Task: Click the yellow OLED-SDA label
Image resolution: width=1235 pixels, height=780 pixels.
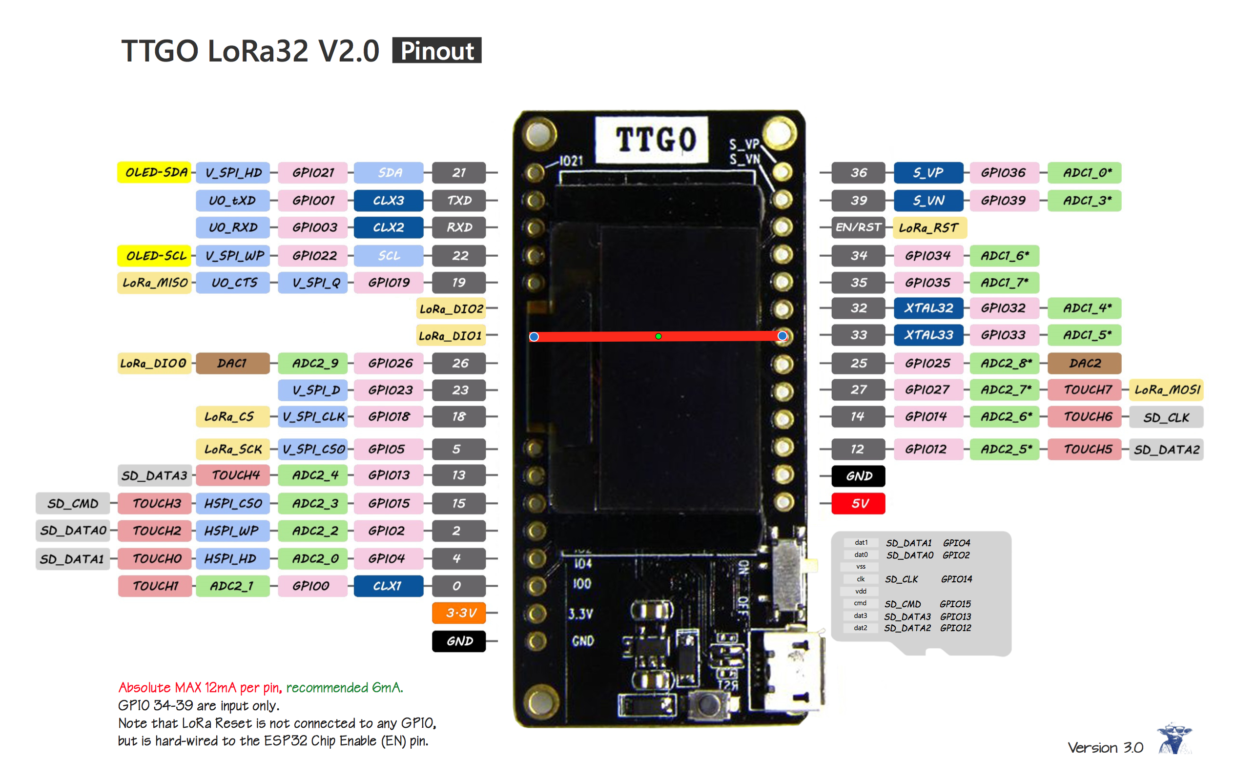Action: [154, 172]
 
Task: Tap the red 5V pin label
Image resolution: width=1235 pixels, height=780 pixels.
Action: [858, 503]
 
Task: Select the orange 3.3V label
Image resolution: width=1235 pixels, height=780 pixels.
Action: [458, 613]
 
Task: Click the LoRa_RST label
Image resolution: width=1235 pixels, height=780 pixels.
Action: [929, 227]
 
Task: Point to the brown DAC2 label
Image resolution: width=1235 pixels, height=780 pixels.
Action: [1084, 363]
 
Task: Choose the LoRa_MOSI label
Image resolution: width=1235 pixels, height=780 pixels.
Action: [1166, 390]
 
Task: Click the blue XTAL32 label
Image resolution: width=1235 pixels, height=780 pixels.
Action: [928, 308]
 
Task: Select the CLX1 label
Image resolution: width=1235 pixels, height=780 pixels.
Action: [388, 586]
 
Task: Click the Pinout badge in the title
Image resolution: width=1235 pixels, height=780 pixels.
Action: [436, 51]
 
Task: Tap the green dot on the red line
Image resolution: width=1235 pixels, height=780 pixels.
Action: [658, 336]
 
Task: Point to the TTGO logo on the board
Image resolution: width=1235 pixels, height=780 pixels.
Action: [655, 140]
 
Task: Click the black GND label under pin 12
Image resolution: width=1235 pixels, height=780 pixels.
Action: [858, 476]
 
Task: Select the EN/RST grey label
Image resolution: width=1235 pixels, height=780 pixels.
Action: [858, 227]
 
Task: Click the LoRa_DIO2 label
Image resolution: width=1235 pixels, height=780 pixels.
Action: [451, 308]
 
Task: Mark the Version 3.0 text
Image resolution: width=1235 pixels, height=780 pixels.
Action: [1105, 747]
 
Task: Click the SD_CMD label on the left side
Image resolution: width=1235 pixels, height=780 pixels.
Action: [72, 504]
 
